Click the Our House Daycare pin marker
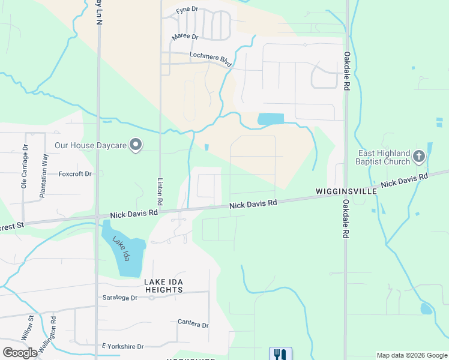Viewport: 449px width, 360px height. tap(136, 145)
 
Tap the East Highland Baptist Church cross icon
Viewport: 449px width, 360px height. tap(419, 157)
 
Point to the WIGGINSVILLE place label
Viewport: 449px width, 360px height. tap(346, 191)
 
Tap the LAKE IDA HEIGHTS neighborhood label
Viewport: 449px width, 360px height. tap(163, 286)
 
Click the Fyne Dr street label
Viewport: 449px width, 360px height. tap(187, 11)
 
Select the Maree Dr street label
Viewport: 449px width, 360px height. tap(185, 37)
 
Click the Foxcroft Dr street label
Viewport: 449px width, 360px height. tap(75, 174)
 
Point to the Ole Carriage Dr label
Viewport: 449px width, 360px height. tap(25, 166)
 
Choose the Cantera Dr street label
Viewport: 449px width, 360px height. tap(193, 324)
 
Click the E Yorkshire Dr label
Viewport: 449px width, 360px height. tap(123, 347)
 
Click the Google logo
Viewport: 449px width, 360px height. tap(20, 353)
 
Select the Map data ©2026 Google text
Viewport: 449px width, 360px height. tap(411, 355)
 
